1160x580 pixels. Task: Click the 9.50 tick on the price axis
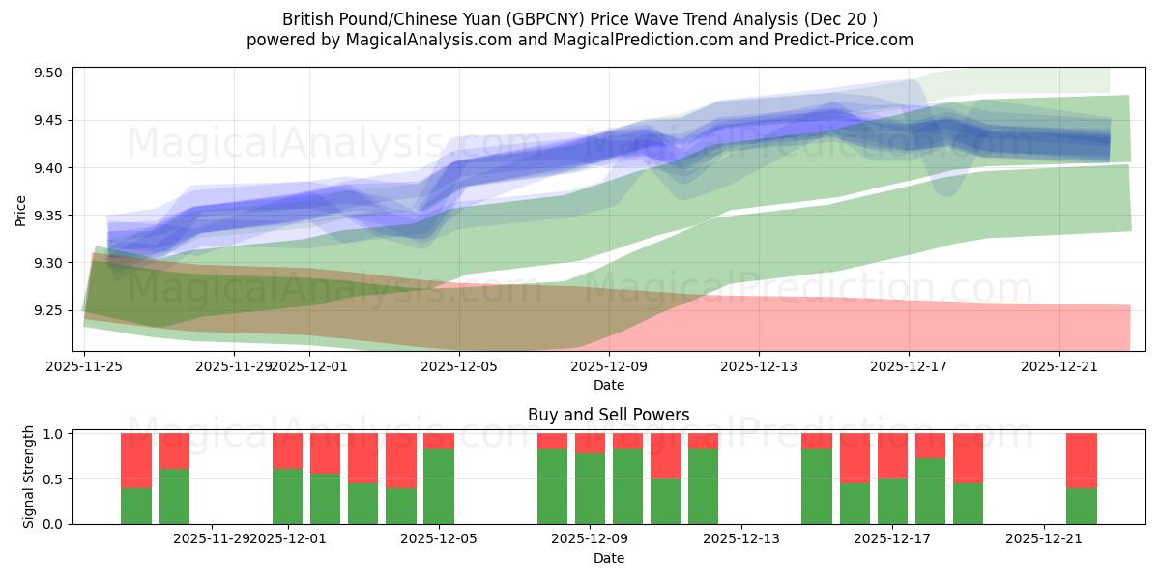[48, 73]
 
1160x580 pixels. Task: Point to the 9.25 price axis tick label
[48, 310]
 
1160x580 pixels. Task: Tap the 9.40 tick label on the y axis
[48, 168]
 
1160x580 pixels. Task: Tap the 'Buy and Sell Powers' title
[608, 415]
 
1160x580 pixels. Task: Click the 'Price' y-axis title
[21, 210]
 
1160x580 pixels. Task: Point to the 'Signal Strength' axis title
[29, 477]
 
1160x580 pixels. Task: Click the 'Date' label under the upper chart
[608, 385]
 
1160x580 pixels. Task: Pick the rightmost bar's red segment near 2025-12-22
[1081, 460]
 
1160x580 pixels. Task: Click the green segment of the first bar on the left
[136, 506]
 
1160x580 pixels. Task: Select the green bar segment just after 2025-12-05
[439, 486]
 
